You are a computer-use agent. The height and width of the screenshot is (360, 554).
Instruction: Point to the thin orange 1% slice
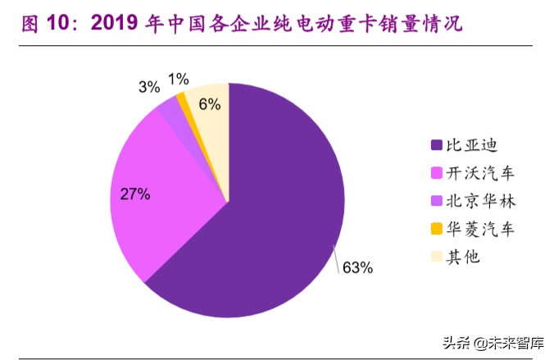tap(182, 99)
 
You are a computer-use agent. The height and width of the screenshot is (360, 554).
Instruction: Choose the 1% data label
tap(178, 79)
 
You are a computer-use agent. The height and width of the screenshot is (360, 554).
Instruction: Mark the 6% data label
tap(210, 103)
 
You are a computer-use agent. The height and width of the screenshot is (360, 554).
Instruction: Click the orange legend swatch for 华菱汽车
tap(437, 230)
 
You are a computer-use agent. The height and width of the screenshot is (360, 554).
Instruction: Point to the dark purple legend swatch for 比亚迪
tap(437, 146)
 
